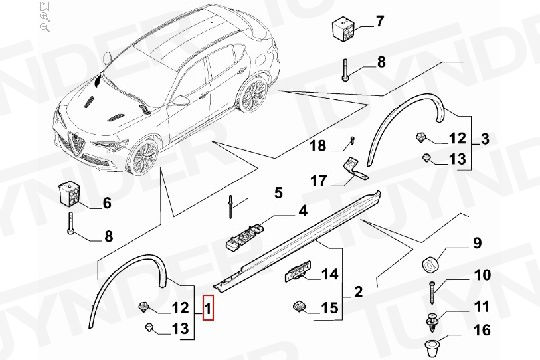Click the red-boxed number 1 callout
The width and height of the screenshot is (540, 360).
[x=208, y=308]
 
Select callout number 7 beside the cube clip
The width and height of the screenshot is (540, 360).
[x=379, y=21]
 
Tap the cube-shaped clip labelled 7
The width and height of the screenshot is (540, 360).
[x=343, y=31]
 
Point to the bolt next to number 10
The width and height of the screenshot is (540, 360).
[x=432, y=292]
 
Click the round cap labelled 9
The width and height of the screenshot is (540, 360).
[x=430, y=264]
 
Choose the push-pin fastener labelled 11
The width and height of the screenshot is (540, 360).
[x=431, y=322]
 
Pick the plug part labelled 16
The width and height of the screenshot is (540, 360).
[x=432, y=348]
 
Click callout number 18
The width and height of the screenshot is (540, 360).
[x=318, y=145]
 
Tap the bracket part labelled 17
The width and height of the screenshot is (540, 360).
[x=355, y=168]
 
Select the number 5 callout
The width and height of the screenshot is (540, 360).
[x=278, y=192]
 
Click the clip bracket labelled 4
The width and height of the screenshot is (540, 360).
[x=245, y=236]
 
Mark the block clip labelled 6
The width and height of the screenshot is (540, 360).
[x=70, y=195]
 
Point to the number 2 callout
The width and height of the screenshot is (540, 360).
[x=358, y=291]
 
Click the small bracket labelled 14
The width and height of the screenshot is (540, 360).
[x=298, y=271]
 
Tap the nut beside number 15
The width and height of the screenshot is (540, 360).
[x=300, y=306]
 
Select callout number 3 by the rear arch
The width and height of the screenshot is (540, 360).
[x=485, y=139]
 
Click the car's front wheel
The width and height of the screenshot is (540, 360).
[x=144, y=157]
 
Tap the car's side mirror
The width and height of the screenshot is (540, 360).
[x=181, y=100]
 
